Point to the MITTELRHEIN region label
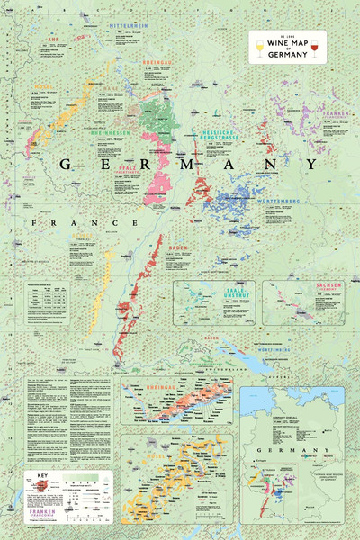pyautogui.click(x=128, y=27)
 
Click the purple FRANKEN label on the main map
pyautogui.click(x=337, y=112)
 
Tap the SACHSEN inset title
pyautogui.click(x=329, y=286)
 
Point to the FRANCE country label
pyautogui.click(x=85, y=222)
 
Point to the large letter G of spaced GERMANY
pyautogui.click(x=65, y=165)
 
